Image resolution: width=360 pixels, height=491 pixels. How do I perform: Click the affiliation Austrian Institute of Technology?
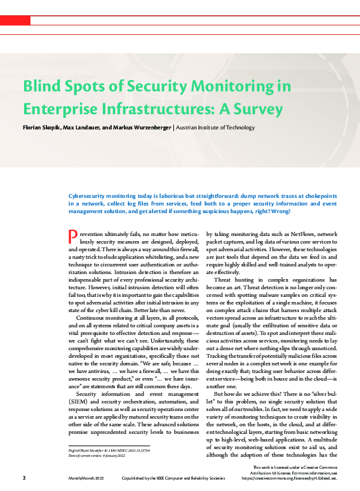point(216,128)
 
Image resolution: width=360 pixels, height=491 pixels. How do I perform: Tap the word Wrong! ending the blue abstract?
point(279,211)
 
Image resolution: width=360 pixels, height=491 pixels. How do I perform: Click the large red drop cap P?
point(72,238)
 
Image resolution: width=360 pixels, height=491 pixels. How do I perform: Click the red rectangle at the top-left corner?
point(15,21)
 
